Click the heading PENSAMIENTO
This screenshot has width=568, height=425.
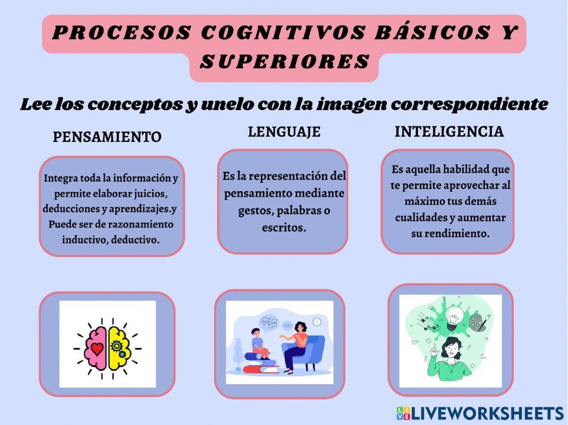coord(107,137)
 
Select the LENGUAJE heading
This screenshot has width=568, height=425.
coord(284,132)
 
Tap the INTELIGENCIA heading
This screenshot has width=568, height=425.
coord(449,132)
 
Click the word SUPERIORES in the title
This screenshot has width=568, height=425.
coord(285,62)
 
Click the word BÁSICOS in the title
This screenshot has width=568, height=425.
coord(432,33)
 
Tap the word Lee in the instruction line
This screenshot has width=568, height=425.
coord(37,104)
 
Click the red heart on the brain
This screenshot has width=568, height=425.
coord(97,348)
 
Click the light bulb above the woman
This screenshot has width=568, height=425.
coord(453,315)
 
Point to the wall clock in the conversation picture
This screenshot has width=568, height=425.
coord(316,322)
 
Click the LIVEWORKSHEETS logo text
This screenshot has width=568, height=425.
coord(487,413)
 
